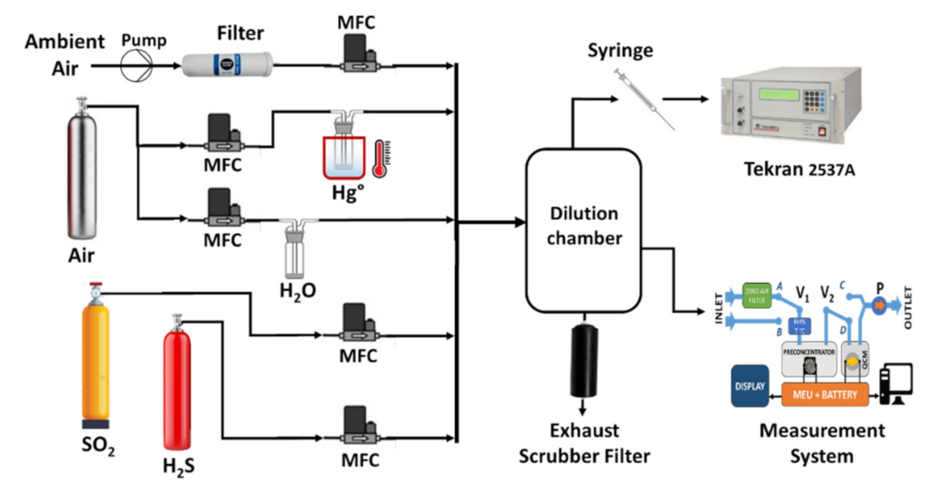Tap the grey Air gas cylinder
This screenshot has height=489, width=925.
point(83,173)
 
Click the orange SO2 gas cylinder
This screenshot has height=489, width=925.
point(96,357)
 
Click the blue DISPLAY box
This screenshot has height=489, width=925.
point(749,386)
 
